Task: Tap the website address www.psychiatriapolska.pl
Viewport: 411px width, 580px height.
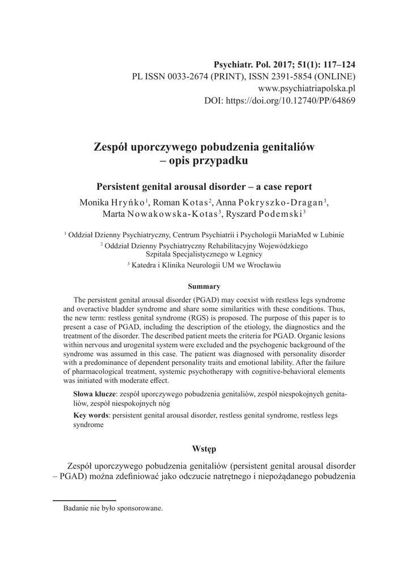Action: (x=306, y=89)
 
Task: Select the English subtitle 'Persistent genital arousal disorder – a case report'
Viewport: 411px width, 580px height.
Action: (x=205, y=186)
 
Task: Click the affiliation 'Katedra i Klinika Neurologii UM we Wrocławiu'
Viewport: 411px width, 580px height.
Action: (x=206, y=265)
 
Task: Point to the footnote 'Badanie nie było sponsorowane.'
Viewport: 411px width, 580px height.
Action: (x=113, y=508)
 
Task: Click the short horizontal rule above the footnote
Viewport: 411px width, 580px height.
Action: (x=84, y=501)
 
